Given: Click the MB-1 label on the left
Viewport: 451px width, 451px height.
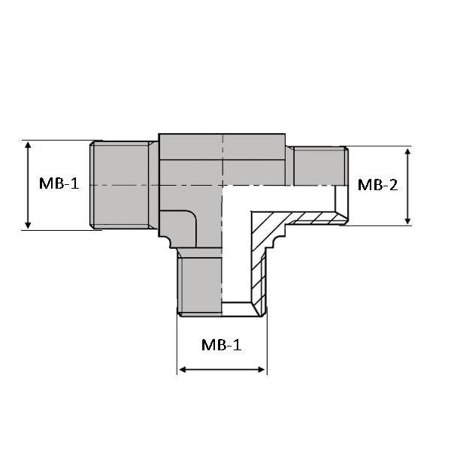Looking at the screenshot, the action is (59, 183).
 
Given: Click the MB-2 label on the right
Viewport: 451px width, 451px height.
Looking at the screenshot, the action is (377, 185).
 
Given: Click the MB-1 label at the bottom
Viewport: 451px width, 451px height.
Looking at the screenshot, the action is (222, 344).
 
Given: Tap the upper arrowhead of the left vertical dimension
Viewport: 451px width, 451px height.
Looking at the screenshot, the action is (28, 144).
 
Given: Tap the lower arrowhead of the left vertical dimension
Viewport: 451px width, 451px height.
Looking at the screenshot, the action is (28, 225).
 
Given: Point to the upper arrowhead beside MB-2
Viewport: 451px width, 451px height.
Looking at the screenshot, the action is (407, 152).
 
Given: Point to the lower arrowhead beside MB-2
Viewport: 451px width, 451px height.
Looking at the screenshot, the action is (407, 220).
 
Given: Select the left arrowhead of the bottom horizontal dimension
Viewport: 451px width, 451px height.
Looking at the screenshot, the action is (183, 370).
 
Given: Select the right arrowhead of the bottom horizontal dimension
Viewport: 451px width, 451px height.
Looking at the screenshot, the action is (262, 370).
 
